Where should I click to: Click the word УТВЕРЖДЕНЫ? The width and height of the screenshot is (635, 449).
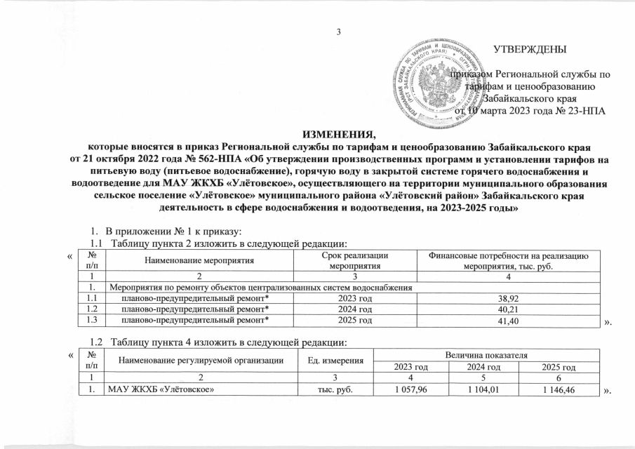pyautogui.click(x=530, y=49)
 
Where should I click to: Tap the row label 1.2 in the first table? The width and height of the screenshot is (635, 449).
pyautogui.click(x=90, y=309)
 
